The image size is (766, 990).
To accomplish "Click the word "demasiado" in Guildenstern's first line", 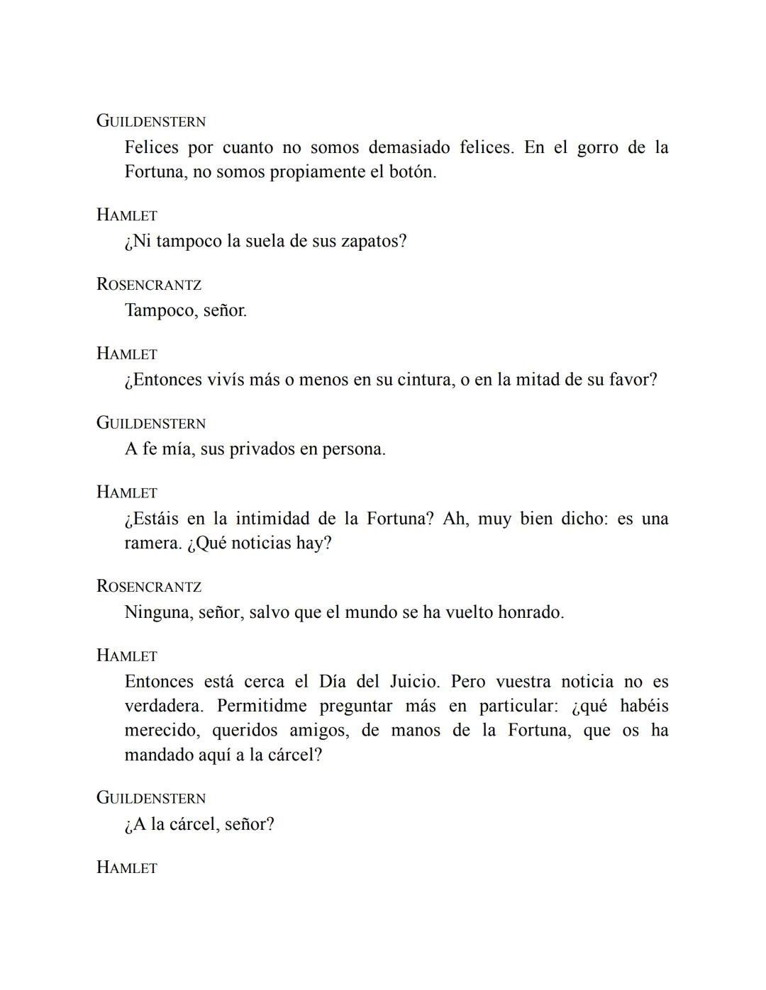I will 409,147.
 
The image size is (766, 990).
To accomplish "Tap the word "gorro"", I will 597,147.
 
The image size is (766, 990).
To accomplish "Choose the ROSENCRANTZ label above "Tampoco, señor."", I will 149,285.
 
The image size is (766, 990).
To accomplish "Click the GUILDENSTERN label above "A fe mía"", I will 151,423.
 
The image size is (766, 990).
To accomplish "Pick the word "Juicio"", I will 414,682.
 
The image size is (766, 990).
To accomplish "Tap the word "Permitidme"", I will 262,707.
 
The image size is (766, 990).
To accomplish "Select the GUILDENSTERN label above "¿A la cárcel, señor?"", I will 151,798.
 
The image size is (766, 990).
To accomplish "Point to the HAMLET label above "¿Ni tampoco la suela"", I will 127,215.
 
